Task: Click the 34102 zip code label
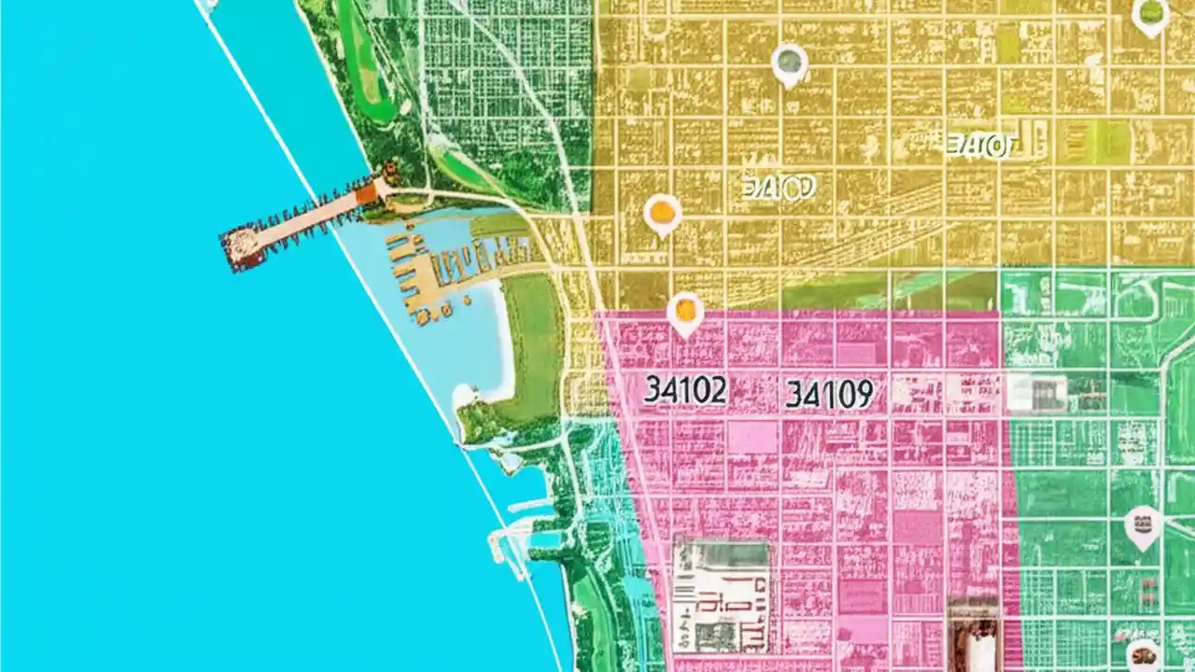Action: click(x=684, y=391)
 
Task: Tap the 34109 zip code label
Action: click(x=829, y=395)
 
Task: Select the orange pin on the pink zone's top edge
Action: click(x=685, y=312)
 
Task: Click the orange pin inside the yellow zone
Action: click(x=662, y=214)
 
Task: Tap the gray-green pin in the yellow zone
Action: click(x=790, y=63)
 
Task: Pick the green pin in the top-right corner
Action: click(x=1150, y=15)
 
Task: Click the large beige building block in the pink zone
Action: click(x=722, y=596)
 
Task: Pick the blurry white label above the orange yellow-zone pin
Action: click(x=778, y=189)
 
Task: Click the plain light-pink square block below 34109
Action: click(x=752, y=436)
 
